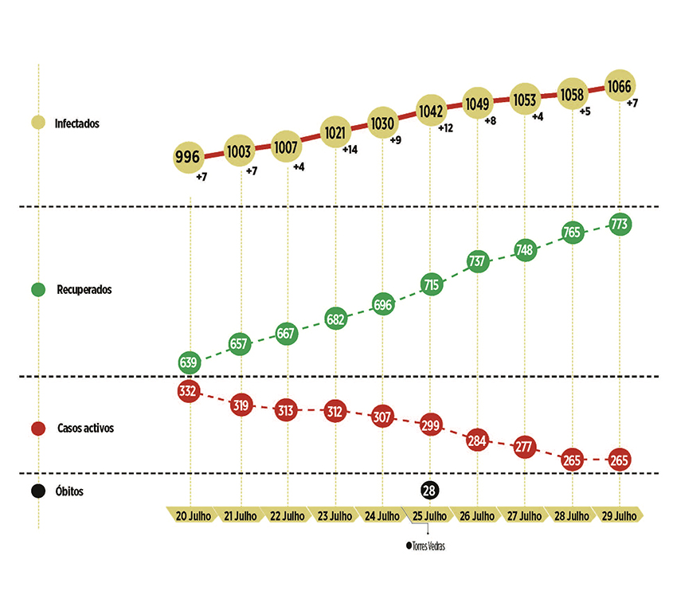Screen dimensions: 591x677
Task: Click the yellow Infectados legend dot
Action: pyautogui.click(x=38, y=123)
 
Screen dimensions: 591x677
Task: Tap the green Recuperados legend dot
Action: pyautogui.click(x=38, y=289)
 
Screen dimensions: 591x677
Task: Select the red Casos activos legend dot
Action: pyautogui.click(x=38, y=429)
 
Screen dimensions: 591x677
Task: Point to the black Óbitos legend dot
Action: pyautogui.click(x=38, y=491)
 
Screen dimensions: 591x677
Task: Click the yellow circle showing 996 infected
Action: pyautogui.click(x=190, y=157)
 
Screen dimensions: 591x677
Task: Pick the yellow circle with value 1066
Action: pyautogui.click(x=620, y=86)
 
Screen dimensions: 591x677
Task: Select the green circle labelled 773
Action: pyautogui.click(x=620, y=225)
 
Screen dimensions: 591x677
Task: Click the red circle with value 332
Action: pyautogui.click(x=190, y=391)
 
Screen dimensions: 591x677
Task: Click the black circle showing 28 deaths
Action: pyautogui.click(x=429, y=491)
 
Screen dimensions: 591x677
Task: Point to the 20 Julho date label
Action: pyautogui.click(x=192, y=515)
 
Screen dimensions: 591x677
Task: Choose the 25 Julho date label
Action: pyautogui.click(x=430, y=515)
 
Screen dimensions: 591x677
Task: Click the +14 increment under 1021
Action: pyautogui.click(x=350, y=150)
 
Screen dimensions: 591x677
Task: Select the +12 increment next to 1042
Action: pyautogui.click(x=444, y=128)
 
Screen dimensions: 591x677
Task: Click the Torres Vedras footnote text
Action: pyautogui.click(x=436, y=546)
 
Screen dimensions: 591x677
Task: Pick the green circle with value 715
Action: pyautogui.click(x=430, y=284)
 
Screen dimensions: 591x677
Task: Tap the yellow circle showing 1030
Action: pyautogui.click(x=382, y=123)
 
